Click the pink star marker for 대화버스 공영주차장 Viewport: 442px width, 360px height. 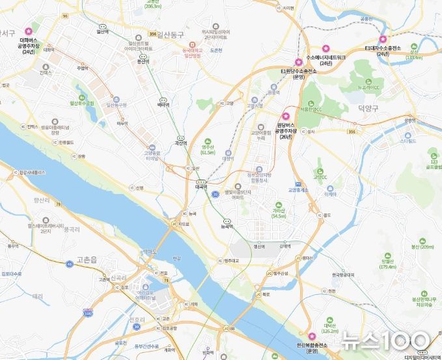coord(28,31)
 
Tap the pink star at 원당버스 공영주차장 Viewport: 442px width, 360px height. coord(285,115)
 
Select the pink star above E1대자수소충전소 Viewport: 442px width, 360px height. coord(383,38)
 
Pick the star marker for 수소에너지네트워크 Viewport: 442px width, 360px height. coord(326,48)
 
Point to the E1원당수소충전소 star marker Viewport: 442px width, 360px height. coord(299,61)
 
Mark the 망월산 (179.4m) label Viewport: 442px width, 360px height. coord(387,263)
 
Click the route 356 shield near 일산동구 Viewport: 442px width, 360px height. coord(152,34)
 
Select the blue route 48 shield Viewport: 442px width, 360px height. coord(70,264)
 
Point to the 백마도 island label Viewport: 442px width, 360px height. coord(150,250)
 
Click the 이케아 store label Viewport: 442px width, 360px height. coord(331,194)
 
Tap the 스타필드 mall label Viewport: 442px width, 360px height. coord(408,140)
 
